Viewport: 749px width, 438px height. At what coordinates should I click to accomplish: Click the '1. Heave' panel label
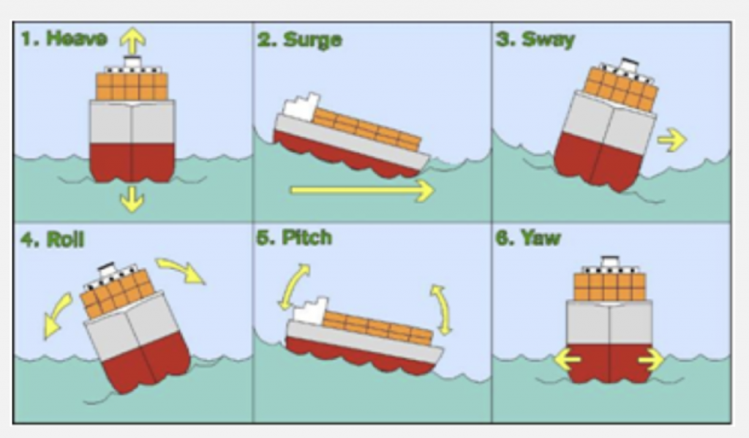tap(64, 39)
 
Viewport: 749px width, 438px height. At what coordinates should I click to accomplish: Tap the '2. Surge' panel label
tap(300, 39)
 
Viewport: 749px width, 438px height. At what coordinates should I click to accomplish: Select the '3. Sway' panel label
tap(535, 39)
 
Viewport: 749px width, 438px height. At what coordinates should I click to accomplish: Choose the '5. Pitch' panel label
tap(295, 238)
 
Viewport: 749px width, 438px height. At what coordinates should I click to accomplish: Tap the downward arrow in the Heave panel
tap(132, 198)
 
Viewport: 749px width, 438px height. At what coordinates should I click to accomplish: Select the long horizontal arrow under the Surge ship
tap(362, 191)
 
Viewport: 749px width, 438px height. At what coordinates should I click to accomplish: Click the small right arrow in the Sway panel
tap(671, 140)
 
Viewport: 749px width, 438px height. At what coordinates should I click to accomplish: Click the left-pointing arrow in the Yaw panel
tap(568, 360)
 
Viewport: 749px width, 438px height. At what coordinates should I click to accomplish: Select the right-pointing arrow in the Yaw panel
tap(650, 360)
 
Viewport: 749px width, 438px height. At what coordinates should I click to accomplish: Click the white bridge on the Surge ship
tap(299, 107)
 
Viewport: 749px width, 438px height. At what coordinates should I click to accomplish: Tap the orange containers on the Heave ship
tap(132, 86)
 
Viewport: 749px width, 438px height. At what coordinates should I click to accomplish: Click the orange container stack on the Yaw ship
tap(609, 287)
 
